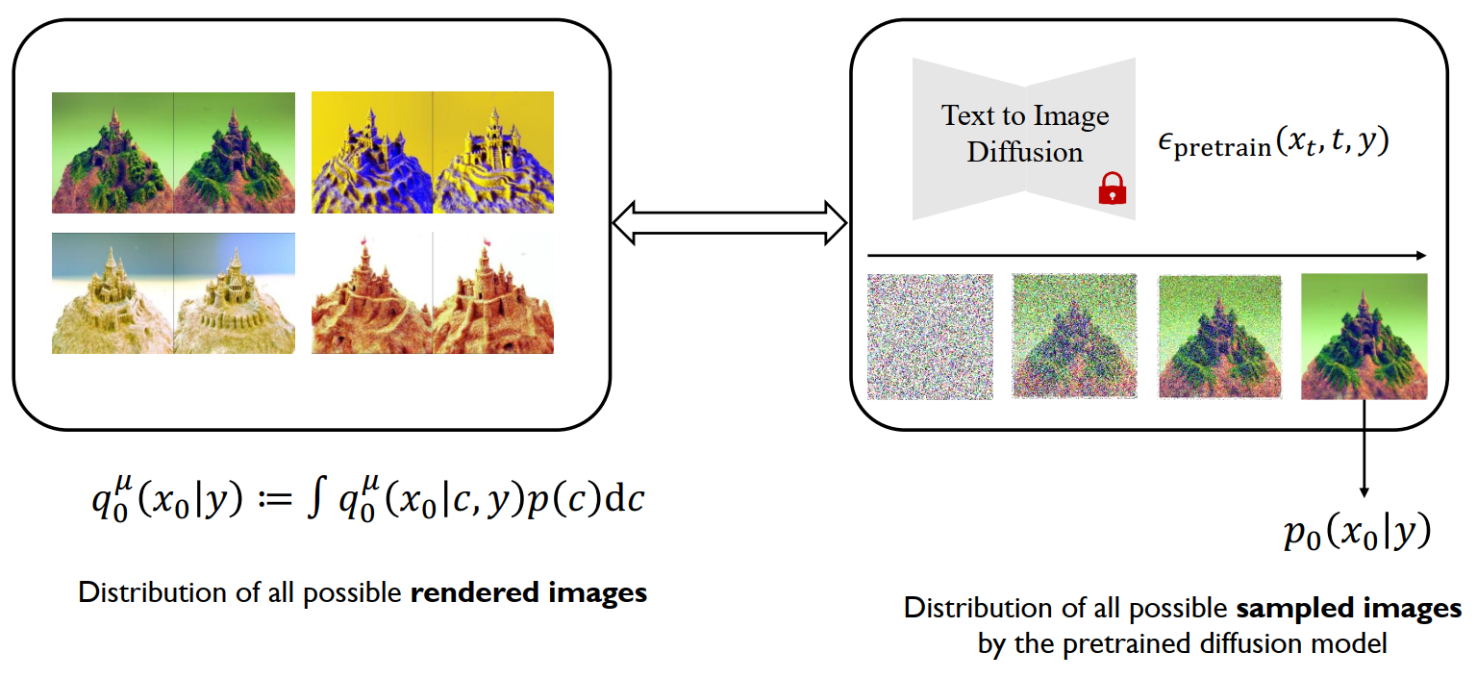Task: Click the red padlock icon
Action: tap(1112, 188)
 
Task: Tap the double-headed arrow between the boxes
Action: tap(730, 224)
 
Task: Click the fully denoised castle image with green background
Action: tap(1364, 337)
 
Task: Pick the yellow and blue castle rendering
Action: tap(433, 152)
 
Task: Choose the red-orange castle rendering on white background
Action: tap(433, 292)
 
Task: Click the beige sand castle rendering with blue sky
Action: tap(173, 292)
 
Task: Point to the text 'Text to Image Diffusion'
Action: tap(1025, 134)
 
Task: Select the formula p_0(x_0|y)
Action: tap(1357, 532)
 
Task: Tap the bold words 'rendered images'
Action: tap(529, 592)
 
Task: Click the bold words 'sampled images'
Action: tap(1348, 609)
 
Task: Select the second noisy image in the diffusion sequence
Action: tap(1074, 337)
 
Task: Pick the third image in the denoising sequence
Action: tap(1219, 337)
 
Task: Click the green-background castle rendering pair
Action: tap(173, 152)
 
